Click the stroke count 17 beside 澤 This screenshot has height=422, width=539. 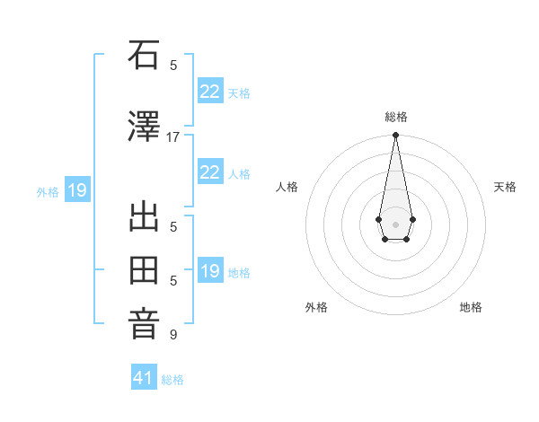pyautogui.click(x=173, y=137)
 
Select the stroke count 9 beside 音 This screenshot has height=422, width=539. pyautogui.click(x=173, y=335)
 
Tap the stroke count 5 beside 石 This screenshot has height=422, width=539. pyautogui.click(x=173, y=66)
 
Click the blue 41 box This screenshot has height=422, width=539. pyautogui.click(x=144, y=378)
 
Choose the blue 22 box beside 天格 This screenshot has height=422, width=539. pyautogui.click(x=209, y=91)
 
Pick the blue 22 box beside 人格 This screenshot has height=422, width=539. pyautogui.click(x=209, y=172)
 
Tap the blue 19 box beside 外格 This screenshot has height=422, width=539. pyautogui.click(x=76, y=190)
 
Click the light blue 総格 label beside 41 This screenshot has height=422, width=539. pyautogui.click(x=172, y=380)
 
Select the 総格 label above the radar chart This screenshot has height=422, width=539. pyautogui.click(x=395, y=117)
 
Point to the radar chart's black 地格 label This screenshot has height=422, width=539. pyautogui.click(x=471, y=307)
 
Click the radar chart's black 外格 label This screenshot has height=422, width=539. pyautogui.click(x=316, y=307)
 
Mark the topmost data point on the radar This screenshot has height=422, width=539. pyautogui.click(x=395, y=136)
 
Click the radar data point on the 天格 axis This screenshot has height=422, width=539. pyautogui.click(x=412, y=219)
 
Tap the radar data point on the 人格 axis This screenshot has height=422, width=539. pyautogui.click(x=379, y=219)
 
